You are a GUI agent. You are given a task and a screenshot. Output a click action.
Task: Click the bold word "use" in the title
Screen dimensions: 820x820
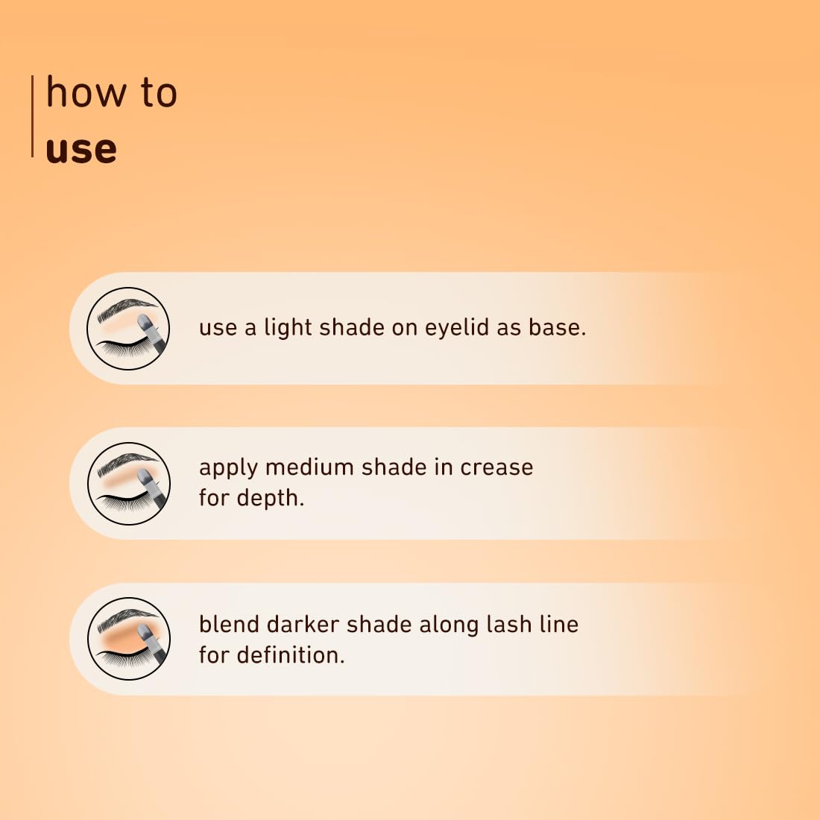tap(81, 150)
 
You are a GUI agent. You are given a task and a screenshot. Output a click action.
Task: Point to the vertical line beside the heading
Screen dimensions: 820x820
tap(32, 116)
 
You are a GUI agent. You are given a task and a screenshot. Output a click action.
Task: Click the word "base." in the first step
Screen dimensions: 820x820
tap(557, 327)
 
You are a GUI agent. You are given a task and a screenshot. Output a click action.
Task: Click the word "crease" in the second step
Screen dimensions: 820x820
tap(496, 467)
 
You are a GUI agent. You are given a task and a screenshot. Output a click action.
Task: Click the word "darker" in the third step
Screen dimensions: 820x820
tap(303, 624)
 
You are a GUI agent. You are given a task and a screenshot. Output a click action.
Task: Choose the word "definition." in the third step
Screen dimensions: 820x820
tap(291, 655)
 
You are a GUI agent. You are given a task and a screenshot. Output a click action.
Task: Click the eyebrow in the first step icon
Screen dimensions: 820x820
tap(127, 309)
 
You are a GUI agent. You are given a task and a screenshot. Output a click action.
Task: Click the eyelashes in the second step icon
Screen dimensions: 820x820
tap(122, 504)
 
